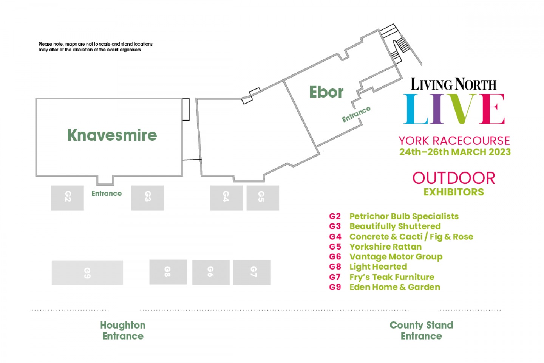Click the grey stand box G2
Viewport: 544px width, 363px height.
click(x=67, y=197)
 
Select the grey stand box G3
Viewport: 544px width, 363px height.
click(x=147, y=197)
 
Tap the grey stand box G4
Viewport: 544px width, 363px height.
click(x=226, y=197)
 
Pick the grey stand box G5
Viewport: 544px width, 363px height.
click(x=263, y=197)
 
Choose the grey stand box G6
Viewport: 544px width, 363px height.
click(x=211, y=272)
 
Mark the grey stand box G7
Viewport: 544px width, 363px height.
click(x=252, y=272)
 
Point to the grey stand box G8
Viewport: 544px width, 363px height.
click(x=168, y=272)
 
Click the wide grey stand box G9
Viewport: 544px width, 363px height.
click(x=87, y=272)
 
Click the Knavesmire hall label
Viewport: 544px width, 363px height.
click(x=112, y=135)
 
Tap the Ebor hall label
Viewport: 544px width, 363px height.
click(x=326, y=92)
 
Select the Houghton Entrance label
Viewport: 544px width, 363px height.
click(x=123, y=330)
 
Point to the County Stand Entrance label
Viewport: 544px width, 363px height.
click(x=421, y=330)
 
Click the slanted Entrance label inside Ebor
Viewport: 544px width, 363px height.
click(x=356, y=114)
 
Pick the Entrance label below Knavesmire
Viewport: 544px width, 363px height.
click(x=107, y=194)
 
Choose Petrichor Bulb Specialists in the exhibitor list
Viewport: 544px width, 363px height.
click(x=404, y=216)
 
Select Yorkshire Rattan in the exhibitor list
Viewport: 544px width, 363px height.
click(x=385, y=247)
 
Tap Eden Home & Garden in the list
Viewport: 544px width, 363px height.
click(x=395, y=287)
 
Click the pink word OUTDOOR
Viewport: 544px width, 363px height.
click(x=454, y=178)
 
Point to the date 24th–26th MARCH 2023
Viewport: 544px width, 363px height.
click(x=455, y=152)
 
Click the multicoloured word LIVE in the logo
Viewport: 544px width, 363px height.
click(x=454, y=109)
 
